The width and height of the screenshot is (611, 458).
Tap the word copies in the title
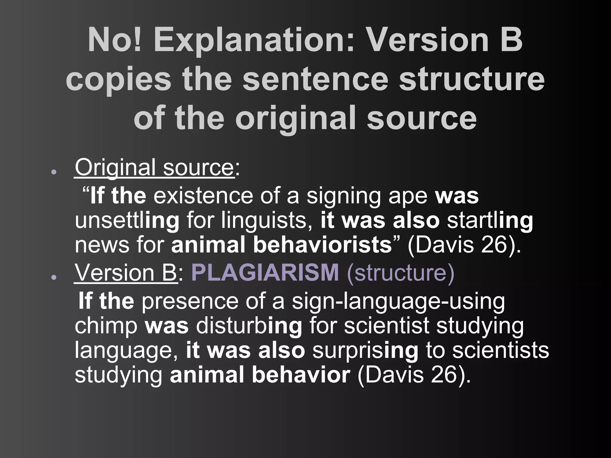click(118, 80)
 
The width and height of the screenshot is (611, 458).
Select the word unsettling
click(127, 221)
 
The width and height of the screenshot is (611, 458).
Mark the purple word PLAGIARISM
click(265, 272)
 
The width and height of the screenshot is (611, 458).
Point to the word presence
click(190, 301)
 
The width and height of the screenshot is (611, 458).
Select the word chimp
click(106, 326)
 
